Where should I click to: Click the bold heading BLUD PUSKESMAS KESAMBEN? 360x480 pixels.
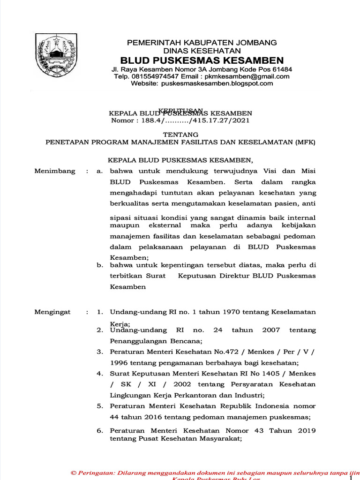pyautogui.click(x=202, y=60)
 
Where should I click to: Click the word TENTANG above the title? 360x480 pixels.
pyautogui.click(x=180, y=134)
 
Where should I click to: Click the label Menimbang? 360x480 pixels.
pyautogui.click(x=55, y=171)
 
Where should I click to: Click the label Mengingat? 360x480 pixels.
pyautogui.click(x=52, y=312)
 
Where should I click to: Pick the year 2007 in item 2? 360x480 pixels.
pyautogui.click(x=271, y=330)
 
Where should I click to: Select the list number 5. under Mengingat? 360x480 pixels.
pyautogui.click(x=100, y=406)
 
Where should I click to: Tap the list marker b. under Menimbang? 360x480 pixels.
pyautogui.click(x=100, y=265)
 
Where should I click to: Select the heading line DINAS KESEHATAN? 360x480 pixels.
pyautogui.click(x=202, y=51)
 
